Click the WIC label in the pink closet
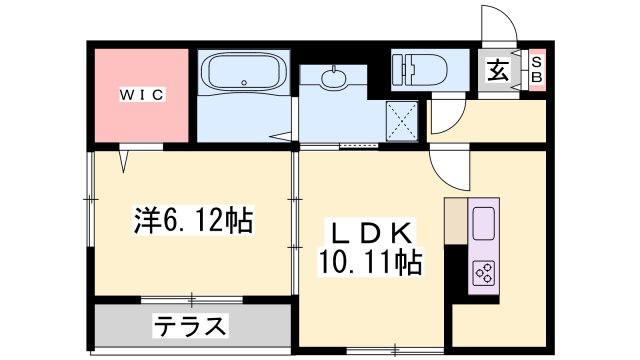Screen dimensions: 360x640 coord(143,94)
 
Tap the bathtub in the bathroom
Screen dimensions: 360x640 coord(244,74)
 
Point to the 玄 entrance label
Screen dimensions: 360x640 coord(497,70)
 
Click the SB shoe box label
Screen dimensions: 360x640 coord(536,70)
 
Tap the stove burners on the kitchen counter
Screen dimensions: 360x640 coord(485,272)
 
